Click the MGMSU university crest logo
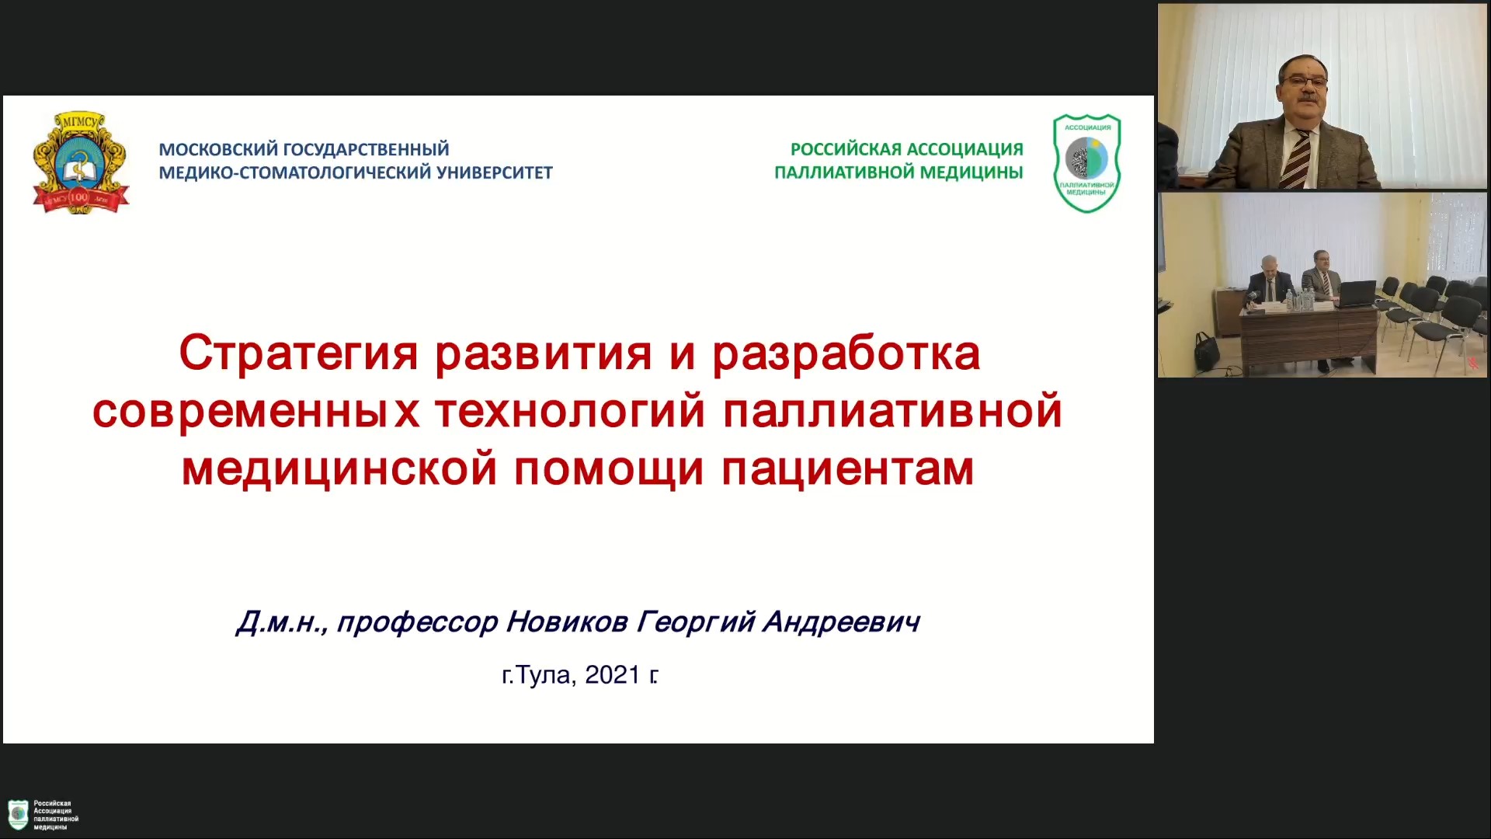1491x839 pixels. (x=81, y=162)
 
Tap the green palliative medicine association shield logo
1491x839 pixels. (x=1086, y=163)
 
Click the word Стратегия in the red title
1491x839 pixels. (x=299, y=354)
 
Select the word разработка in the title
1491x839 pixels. (x=846, y=354)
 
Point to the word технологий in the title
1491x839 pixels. (x=570, y=412)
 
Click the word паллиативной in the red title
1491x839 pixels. (x=892, y=412)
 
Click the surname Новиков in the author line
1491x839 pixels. (x=567, y=621)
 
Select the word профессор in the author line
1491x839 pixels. (x=417, y=622)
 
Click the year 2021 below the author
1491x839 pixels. (x=613, y=675)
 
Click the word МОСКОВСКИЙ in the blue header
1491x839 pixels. (x=218, y=149)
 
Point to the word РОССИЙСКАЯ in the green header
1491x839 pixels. (x=846, y=149)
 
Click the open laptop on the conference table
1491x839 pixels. (x=1358, y=294)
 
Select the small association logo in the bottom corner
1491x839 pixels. (x=19, y=815)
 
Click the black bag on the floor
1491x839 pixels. (x=1206, y=352)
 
